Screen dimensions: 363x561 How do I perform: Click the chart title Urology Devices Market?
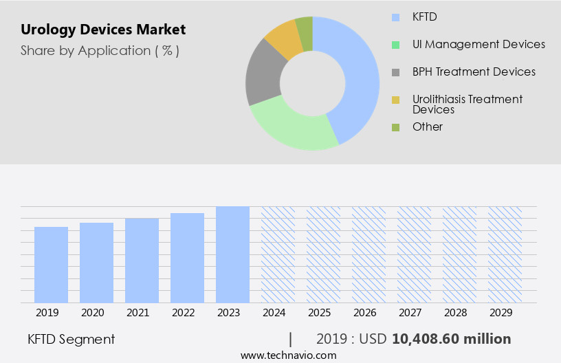103,30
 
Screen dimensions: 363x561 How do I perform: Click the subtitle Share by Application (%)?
100,51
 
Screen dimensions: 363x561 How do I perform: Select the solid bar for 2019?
52,265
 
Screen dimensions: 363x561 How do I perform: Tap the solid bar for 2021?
142,261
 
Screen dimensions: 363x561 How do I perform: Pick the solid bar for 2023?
232,254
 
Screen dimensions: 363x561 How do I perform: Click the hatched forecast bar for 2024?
278,254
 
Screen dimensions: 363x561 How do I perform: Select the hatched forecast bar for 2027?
414,254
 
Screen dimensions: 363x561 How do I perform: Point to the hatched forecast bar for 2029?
505,254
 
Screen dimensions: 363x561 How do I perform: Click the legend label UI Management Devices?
478,44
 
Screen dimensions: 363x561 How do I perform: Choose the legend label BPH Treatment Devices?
474,71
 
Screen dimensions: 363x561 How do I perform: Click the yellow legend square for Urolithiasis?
395,100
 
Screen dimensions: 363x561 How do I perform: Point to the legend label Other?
427,126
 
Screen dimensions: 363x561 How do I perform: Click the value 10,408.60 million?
451,339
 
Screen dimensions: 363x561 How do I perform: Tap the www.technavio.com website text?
288,355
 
